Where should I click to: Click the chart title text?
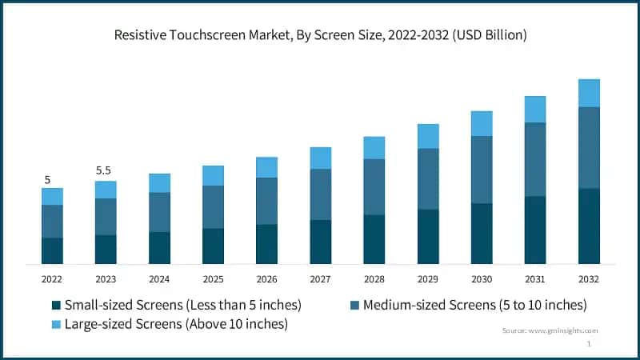pyautogui.click(x=320, y=35)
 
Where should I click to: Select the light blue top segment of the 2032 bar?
pyautogui.click(x=589, y=93)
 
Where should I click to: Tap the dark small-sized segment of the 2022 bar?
pyautogui.click(x=52, y=250)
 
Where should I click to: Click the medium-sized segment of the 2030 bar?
pyautogui.click(x=482, y=170)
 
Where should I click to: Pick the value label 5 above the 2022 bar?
pyautogui.click(x=47, y=179)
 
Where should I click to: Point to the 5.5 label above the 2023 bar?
pyautogui.click(x=105, y=171)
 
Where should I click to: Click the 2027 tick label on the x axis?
pyautogui.click(x=320, y=278)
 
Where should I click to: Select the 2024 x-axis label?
pyautogui.click(x=159, y=278)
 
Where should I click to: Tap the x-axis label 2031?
pyautogui.click(x=535, y=278)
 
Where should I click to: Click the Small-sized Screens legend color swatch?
pyautogui.click(x=55, y=306)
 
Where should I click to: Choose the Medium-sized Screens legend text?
pyautogui.click(x=474, y=305)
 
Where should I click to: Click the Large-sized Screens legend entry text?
pyautogui.click(x=176, y=324)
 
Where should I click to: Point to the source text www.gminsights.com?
pyautogui.click(x=550, y=330)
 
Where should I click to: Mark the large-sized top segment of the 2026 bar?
pyautogui.click(x=266, y=167)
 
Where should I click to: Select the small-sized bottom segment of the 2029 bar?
pyautogui.click(x=428, y=237)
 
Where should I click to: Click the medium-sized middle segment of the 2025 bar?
pyautogui.click(x=213, y=207)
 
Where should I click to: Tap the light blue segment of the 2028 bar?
pyautogui.click(x=374, y=148)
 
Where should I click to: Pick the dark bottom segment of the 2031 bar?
pyautogui.click(x=535, y=230)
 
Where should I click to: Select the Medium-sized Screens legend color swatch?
pyautogui.click(x=354, y=306)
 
